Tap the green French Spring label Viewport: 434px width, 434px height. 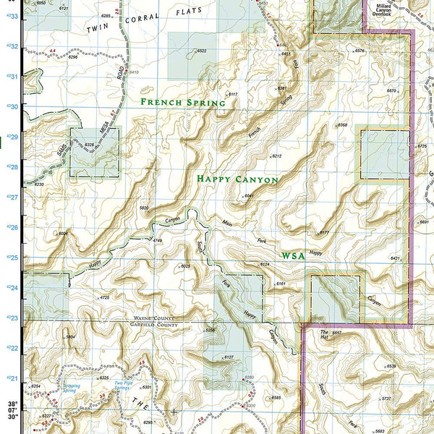183,103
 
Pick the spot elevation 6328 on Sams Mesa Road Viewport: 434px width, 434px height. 90,145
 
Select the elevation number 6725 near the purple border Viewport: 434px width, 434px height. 422,146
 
